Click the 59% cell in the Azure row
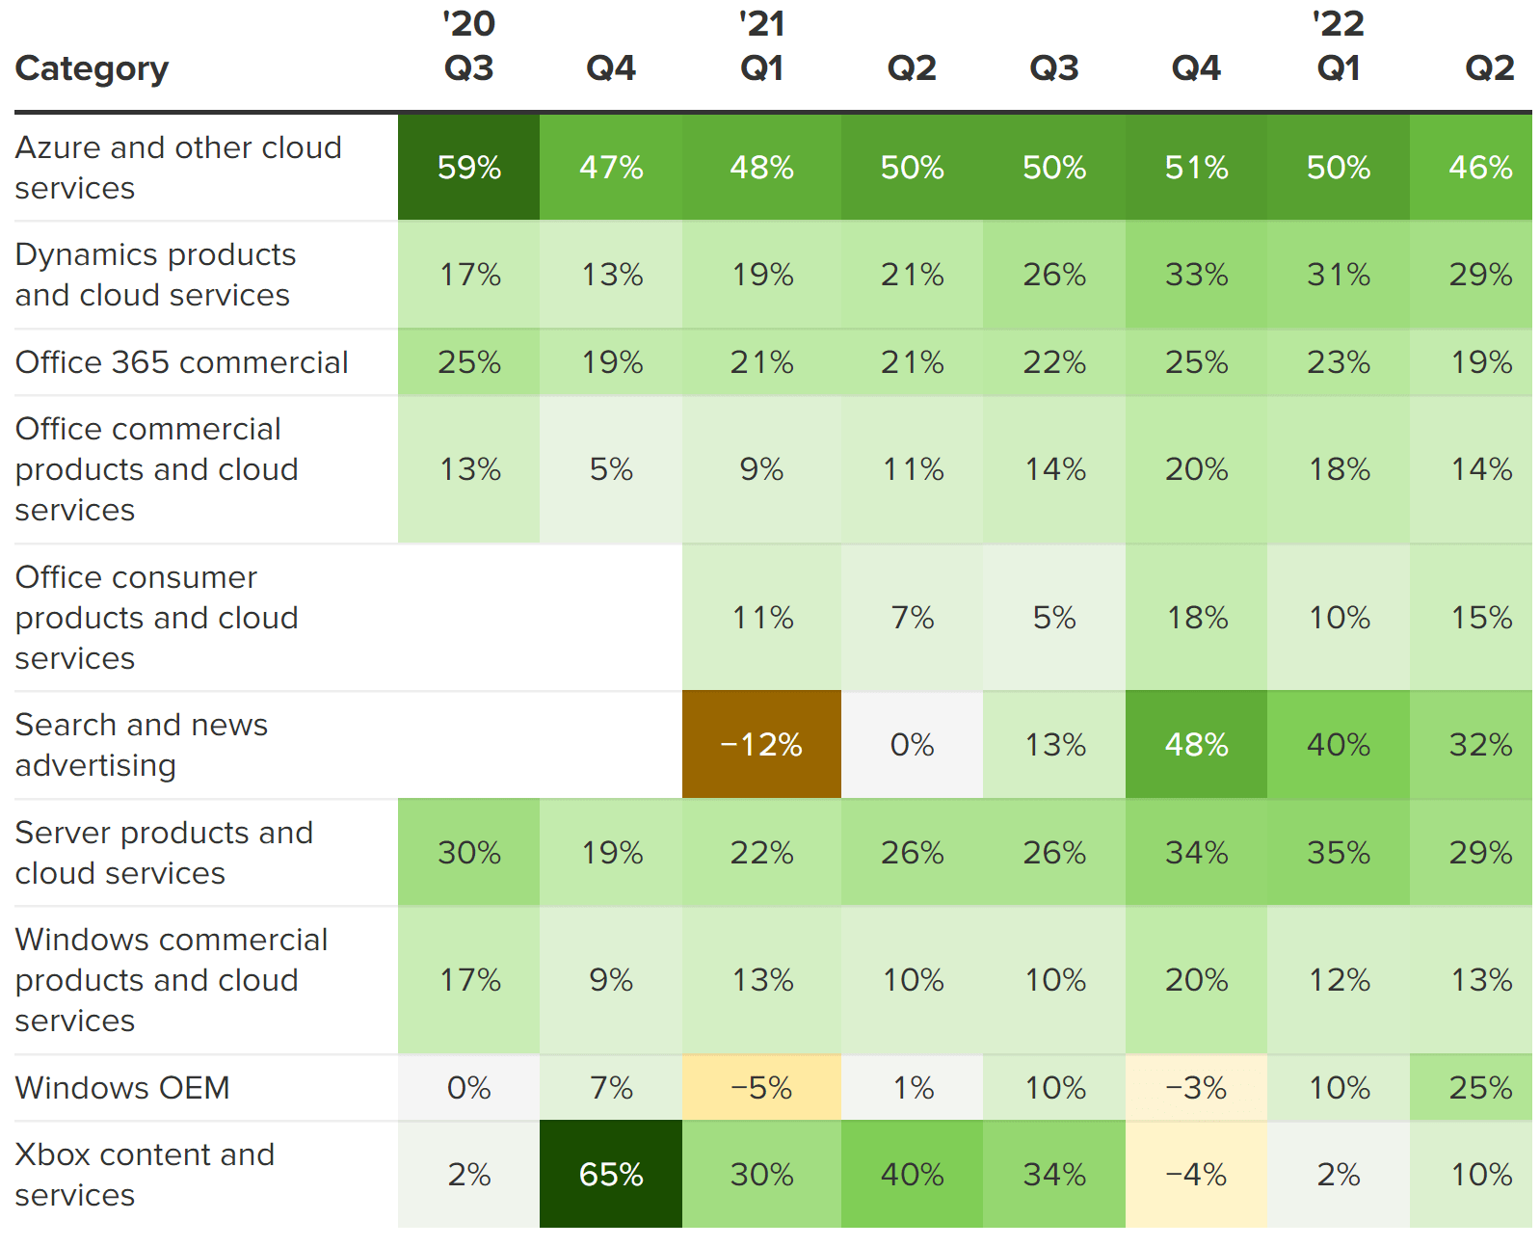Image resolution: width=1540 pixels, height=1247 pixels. pyautogui.click(x=469, y=168)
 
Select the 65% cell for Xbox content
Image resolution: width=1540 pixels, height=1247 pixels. pyautogui.click(x=611, y=1174)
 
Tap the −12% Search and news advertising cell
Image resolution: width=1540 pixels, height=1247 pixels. pyautogui.click(x=761, y=745)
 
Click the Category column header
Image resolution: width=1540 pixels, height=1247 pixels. pyautogui.click(x=93, y=68)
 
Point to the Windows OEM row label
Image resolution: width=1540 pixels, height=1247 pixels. pyautogui.click(x=122, y=1087)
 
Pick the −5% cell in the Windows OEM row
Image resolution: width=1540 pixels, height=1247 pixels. pyautogui.click(x=761, y=1088)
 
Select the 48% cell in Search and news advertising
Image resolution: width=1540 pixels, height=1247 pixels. pyautogui.click(x=1196, y=745)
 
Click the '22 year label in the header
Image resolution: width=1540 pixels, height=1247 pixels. pyautogui.click(x=1339, y=24)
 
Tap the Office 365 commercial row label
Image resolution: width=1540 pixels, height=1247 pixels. pyautogui.click(x=182, y=362)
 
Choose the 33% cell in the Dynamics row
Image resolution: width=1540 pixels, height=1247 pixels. pyautogui.click(x=1196, y=275)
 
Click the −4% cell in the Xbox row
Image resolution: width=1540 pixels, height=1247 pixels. pyautogui.click(x=1196, y=1174)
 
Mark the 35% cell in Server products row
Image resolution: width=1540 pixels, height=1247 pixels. pyautogui.click(x=1339, y=853)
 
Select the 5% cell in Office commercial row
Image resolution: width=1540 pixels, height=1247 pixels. pyautogui.click(x=611, y=469)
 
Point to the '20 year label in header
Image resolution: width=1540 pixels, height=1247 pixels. pyautogui.click(x=469, y=24)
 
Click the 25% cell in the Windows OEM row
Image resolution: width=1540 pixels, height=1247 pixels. pyautogui.click(x=1480, y=1088)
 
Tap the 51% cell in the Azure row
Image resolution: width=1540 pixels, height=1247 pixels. pyautogui.click(x=1196, y=168)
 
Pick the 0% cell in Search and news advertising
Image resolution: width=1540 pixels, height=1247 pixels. pyautogui.click(x=912, y=745)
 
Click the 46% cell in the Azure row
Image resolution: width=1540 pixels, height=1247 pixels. pyautogui.click(x=1480, y=168)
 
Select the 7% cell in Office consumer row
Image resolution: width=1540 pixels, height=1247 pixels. pyautogui.click(x=912, y=618)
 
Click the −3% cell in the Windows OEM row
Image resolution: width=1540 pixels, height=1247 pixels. pyautogui.click(x=1196, y=1088)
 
